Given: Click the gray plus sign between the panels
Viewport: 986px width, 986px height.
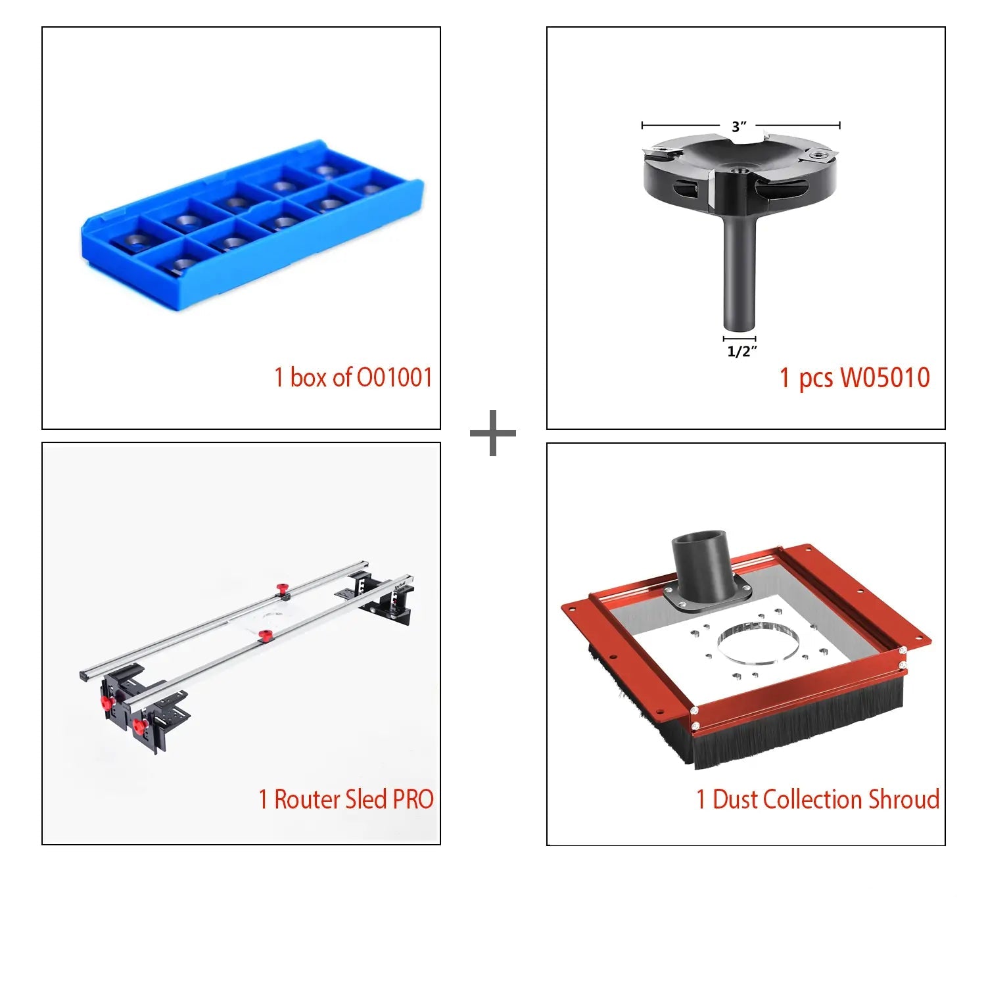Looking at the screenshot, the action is [493, 433].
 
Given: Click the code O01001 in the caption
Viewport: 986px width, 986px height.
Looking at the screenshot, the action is [394, 377].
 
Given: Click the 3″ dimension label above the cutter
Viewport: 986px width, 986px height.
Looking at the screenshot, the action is [739, 126].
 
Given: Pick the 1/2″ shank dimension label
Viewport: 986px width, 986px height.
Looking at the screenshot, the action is [741, 352].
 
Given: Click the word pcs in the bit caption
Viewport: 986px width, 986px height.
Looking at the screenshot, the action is [816, 380].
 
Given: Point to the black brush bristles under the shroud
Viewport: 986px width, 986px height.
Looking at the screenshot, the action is [789, 726].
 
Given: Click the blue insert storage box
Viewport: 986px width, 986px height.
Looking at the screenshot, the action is [252, 225].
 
